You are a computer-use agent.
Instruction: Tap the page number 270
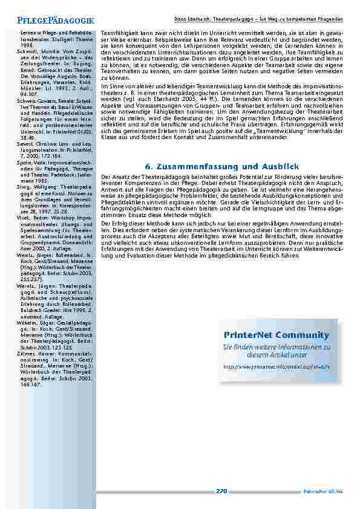tap(221, 491)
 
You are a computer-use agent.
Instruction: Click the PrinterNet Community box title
tap(276, 335)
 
